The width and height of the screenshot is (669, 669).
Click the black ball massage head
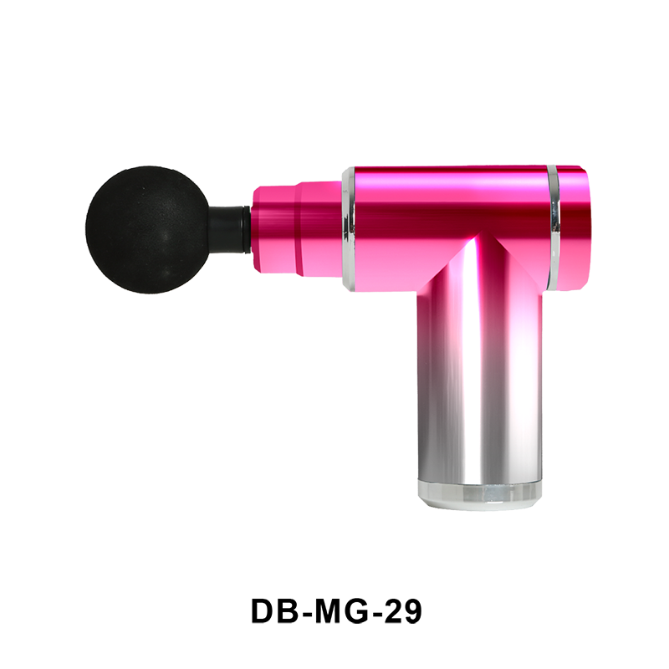click(147, 230)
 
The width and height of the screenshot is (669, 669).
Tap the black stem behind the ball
click(229, 229)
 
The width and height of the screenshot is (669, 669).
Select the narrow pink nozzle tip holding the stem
click(275, 228)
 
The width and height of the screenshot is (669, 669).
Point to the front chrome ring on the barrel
click(349, 229)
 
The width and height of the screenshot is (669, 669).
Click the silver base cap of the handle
click(479, 494)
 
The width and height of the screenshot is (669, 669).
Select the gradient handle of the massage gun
click(479, 375)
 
